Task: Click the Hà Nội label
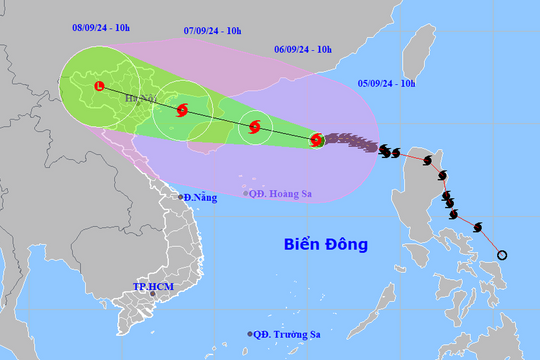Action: click(x=140, y=99)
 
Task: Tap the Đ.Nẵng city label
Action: click(x=199, y=198)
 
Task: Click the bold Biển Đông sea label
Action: click(x=326, y=244)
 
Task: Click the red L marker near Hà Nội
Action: click(x=98, y=87)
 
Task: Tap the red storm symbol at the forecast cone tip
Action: click(x=317, y=140)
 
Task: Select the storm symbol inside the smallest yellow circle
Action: click(x=255, y=127)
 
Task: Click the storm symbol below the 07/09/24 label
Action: click(x=182, y=110)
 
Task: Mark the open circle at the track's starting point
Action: click(x=502, y=255)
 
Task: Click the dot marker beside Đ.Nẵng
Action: click(x=180, y=197)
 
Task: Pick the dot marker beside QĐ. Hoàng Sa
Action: click(x=246, y=193)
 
